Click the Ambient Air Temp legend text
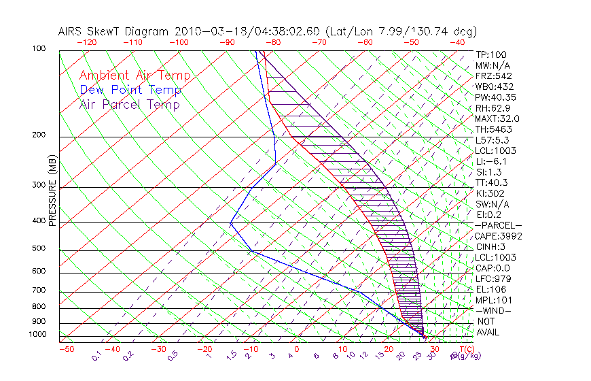point(135,76)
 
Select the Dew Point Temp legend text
point(130,90)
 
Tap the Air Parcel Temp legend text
point(129,104)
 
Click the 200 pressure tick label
point(39,135)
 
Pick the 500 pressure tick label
point(39,249)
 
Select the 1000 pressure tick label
point(37,335)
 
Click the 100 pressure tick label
point(39,49)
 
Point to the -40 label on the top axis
point(457,42)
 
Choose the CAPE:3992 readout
point(498,236)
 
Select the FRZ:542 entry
point(493,76)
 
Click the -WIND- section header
point(493,311)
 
